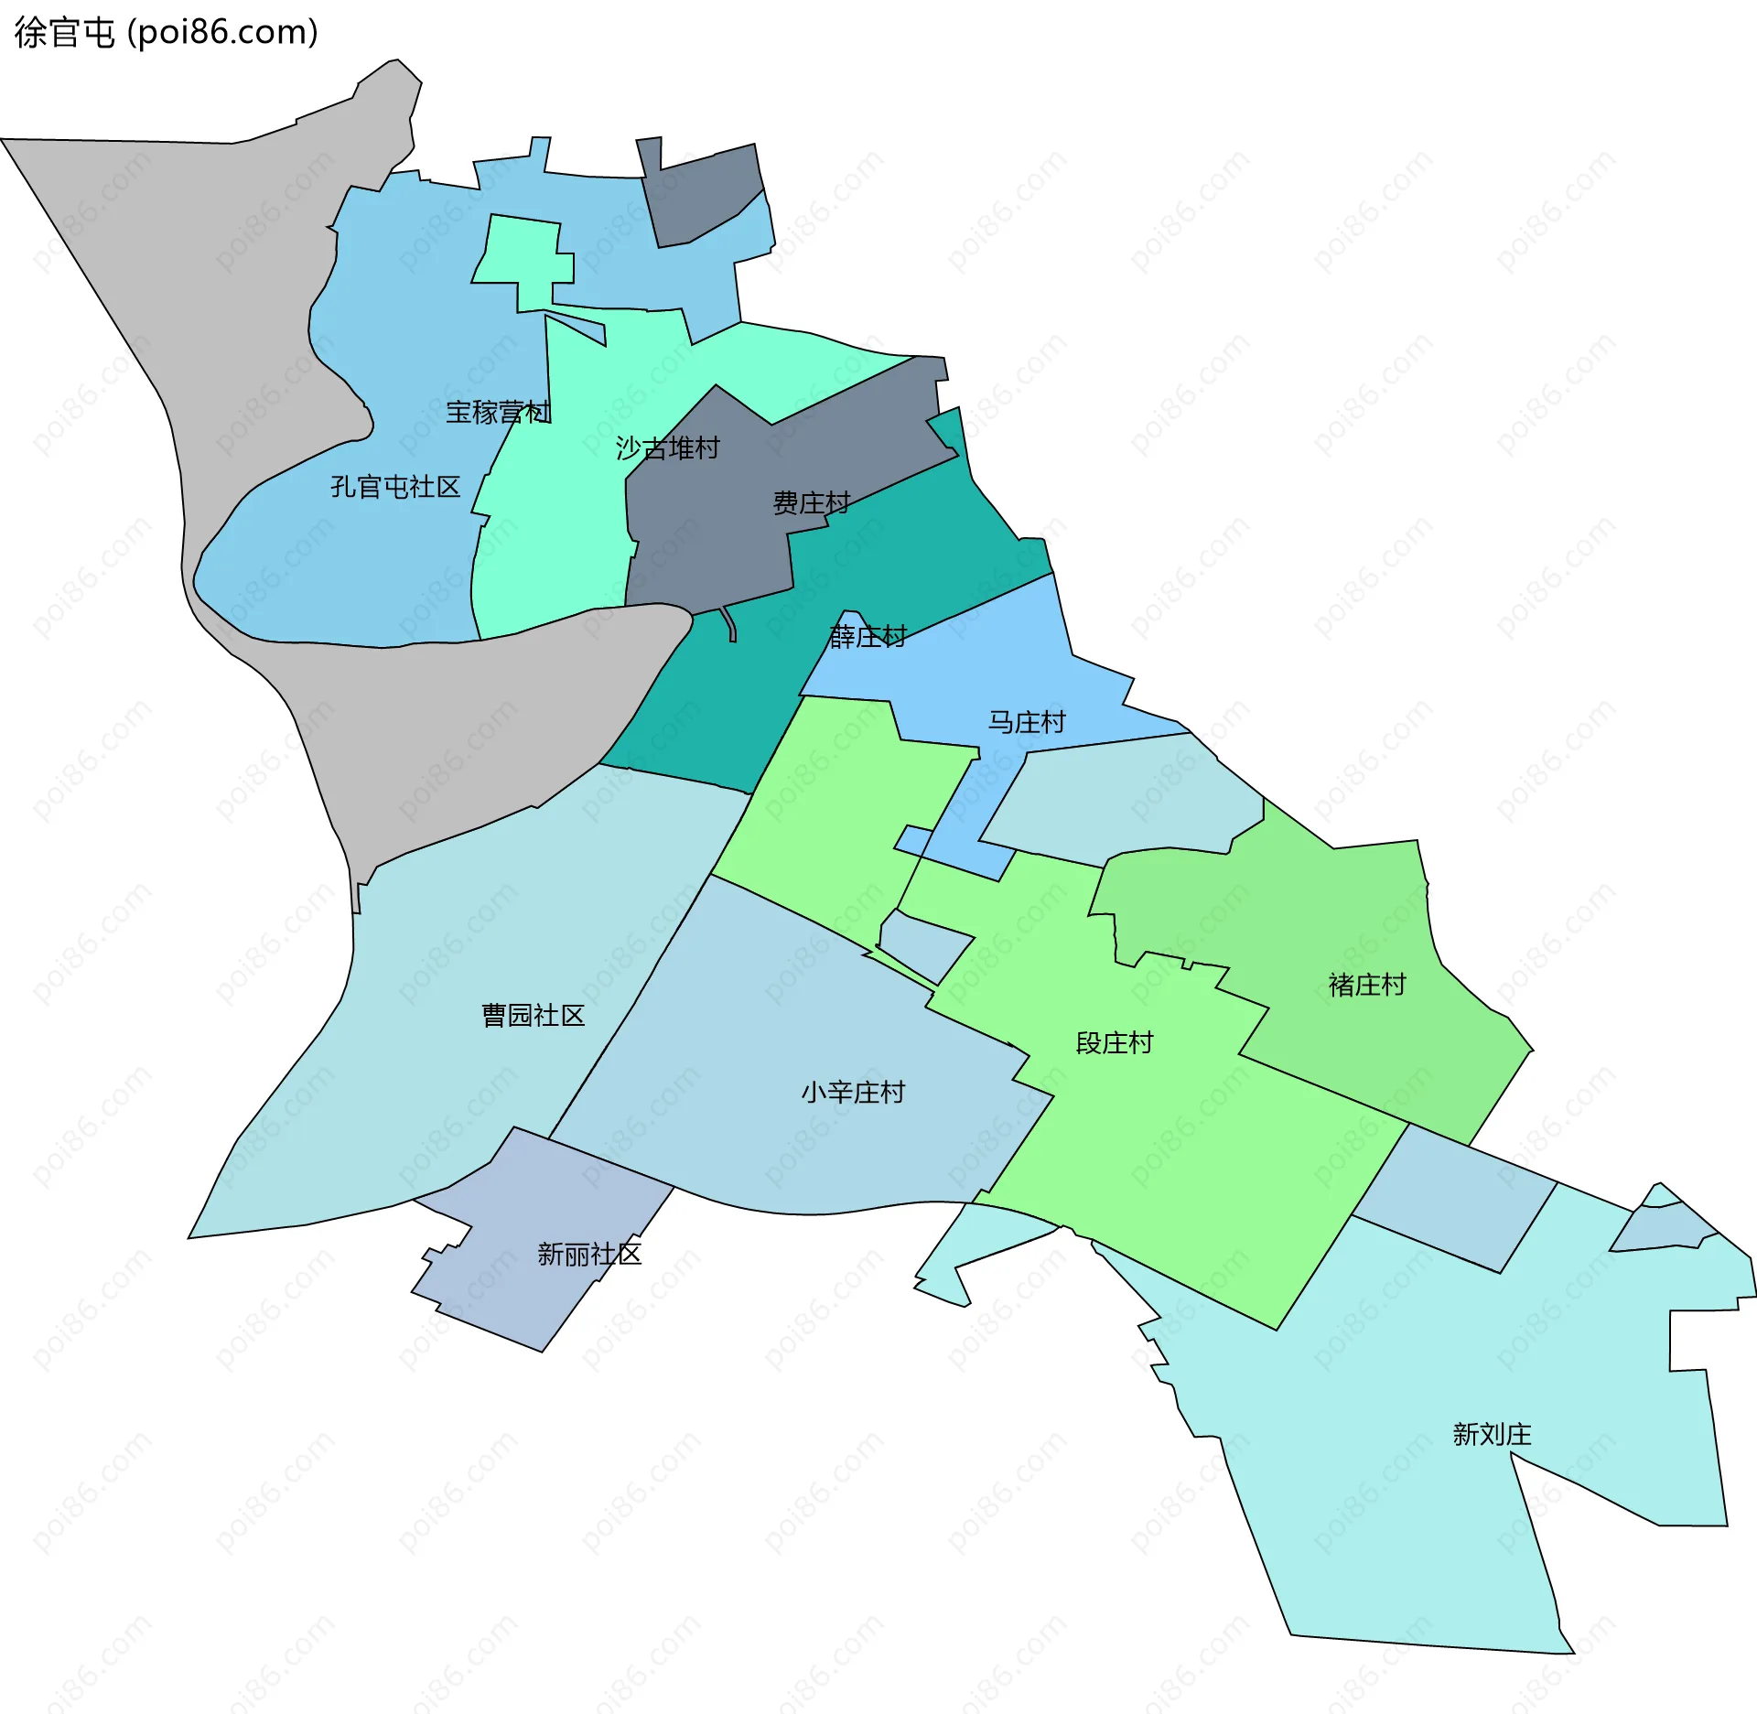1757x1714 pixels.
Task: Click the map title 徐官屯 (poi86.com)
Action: [166, 33]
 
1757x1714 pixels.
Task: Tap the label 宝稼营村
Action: [498, 413]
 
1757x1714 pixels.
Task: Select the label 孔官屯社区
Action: [395, 487]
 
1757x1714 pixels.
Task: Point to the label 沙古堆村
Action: [668, 448]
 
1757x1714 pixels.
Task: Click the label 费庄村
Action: [812, 503]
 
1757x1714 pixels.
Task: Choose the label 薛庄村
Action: [868, 636]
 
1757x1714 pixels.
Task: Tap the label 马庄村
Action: [1027, 723]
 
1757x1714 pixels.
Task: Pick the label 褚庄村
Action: [1367, 986]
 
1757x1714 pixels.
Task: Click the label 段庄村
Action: [1115, 1043]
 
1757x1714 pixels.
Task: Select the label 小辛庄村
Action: [853, 1093]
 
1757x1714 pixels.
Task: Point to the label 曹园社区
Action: [534, 1016]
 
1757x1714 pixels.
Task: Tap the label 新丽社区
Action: [589, 1255]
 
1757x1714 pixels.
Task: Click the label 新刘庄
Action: [1493, 1434]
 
